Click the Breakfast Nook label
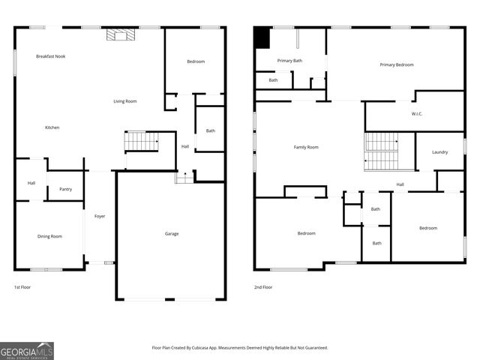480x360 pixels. tap(50, 56)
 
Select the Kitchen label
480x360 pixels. tap(52, 127)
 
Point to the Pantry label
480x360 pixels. tap(65, 189)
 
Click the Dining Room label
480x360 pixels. tap(49, 236)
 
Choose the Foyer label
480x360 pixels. tap(100, 217)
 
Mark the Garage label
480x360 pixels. tap(172, 234)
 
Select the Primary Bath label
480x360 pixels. tap(289, 61)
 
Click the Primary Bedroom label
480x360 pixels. tap(397, 65)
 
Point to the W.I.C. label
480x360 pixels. tap(418, 114)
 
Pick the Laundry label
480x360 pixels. tap(439, 152)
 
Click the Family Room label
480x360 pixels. tap(306, 147)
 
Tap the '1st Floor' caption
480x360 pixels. tap(22, 287)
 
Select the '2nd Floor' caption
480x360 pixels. tap(262, 287)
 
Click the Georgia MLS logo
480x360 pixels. tap(27, 351)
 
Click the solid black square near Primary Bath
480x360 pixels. tap(262, 37)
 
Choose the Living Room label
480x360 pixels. tap(125, 101)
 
